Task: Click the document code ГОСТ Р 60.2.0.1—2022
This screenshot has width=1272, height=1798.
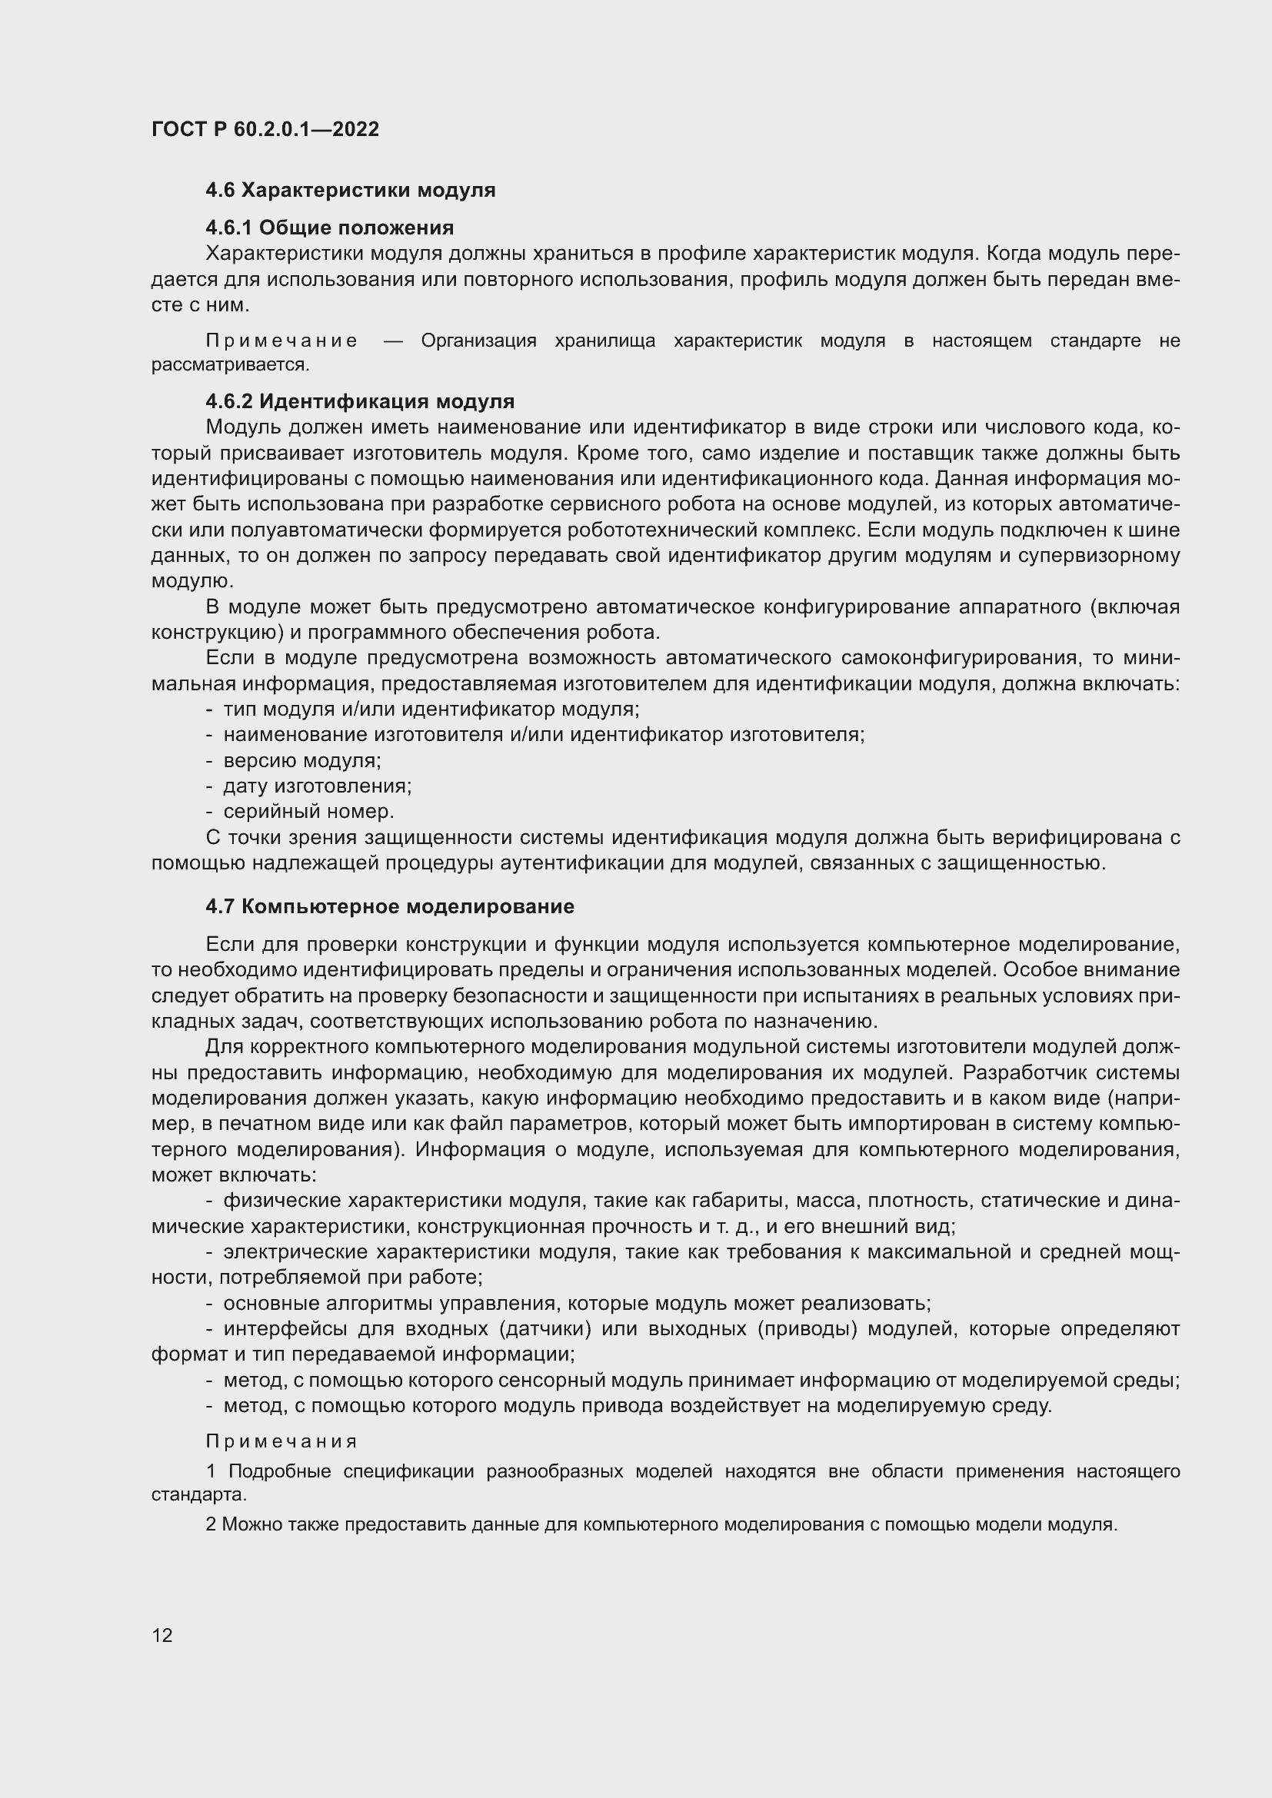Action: [265, 129]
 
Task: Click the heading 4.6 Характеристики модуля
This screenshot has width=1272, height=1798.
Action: [350, 191]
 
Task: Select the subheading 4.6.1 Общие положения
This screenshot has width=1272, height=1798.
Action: [329, 228]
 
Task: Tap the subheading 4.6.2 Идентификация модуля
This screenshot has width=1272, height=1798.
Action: [359, 402]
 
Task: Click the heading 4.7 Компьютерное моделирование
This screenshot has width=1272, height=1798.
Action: [389, 907]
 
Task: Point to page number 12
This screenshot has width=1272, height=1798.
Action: [162, 1636]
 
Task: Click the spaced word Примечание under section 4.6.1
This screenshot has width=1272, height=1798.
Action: [282, 341]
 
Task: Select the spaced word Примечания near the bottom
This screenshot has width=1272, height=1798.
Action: [282, 1441]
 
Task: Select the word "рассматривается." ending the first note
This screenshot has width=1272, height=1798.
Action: [230, 365]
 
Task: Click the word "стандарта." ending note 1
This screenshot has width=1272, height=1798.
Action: [199, 1495]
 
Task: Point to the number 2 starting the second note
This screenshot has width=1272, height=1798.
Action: [211, 1524]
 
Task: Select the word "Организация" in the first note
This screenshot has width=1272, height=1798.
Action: [478, 341]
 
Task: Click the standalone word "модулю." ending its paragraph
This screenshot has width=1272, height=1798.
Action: [192, 581]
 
